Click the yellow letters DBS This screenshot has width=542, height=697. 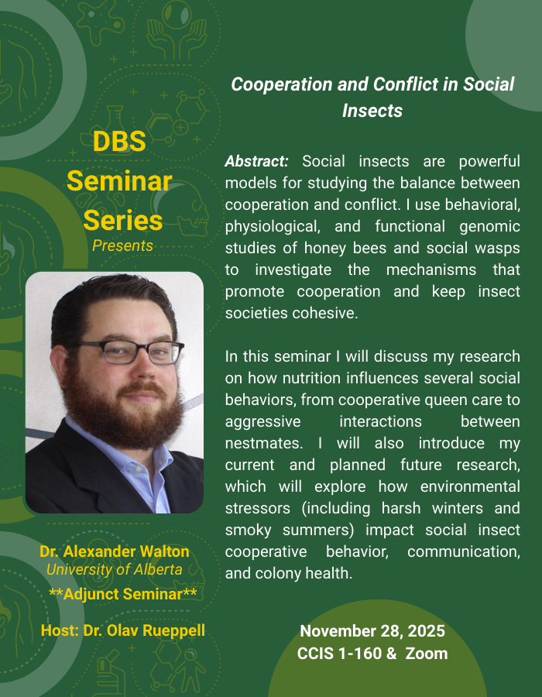[119, 142]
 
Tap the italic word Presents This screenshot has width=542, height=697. [122, 245]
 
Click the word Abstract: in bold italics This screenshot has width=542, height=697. [257, 161]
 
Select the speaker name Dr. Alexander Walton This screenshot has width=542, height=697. [115, 551]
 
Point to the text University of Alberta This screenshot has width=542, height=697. [114, 569]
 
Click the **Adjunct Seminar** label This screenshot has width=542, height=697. [122, 594]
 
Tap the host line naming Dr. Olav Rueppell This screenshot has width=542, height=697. [123, 630]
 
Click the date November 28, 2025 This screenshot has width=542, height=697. [372, 631]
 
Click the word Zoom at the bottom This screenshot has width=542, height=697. [427, 654]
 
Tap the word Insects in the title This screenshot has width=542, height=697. [372, 111]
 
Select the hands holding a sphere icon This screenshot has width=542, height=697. [177, 30]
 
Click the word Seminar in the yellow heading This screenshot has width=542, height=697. [119, 181]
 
